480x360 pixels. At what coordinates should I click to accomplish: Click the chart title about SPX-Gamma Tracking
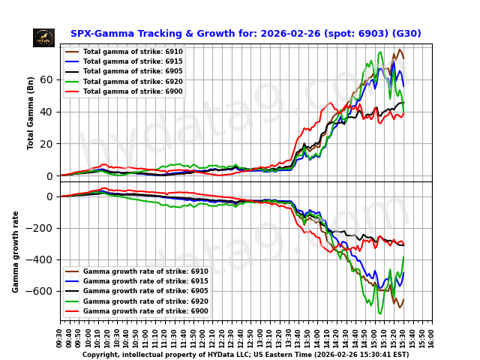pyautogui.click(x=245, y=34)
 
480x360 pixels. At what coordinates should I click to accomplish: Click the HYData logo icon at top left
pyautogui.click(x=43, y=37)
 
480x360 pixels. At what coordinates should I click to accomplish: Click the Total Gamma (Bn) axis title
pyautogui.click(x=31, y=112)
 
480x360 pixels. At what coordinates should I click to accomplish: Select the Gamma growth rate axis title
pyautogui.click(x=16, y=251)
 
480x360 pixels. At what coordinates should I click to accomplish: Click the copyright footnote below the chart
pyautogui.click(x=245, y=355)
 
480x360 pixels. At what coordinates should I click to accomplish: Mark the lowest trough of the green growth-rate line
pyautogui.click(x=379, y=313)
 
